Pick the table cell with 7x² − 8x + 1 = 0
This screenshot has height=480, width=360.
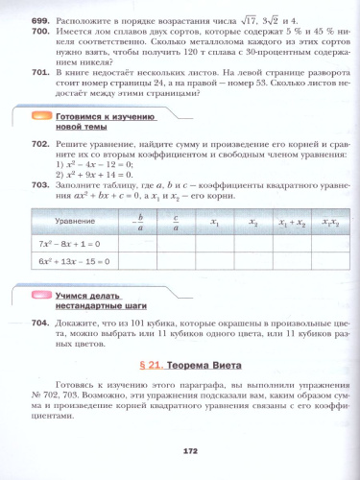pyautogui.click(x=76, y=244)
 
